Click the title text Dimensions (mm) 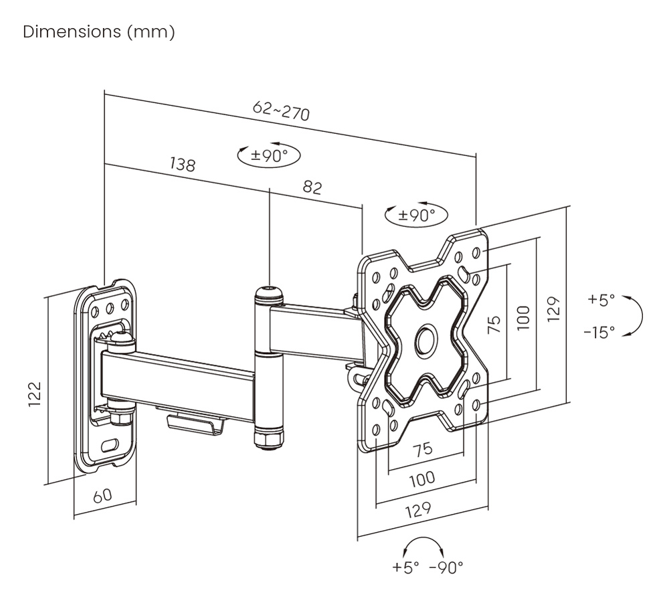click(99, 32)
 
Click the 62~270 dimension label click(282, 110)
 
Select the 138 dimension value click(182, 164)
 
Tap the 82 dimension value click(312, 187)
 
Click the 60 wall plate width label click(102, 496)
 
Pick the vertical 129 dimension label click(553, 309)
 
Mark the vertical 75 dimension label click(494, 325)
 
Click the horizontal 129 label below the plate click(417, 510)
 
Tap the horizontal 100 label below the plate click(421, 479)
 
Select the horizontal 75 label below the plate click(422, 450)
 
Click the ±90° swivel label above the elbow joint click(269, 156)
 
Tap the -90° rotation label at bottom click(446, 568)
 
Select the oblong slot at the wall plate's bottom click(112, 444)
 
